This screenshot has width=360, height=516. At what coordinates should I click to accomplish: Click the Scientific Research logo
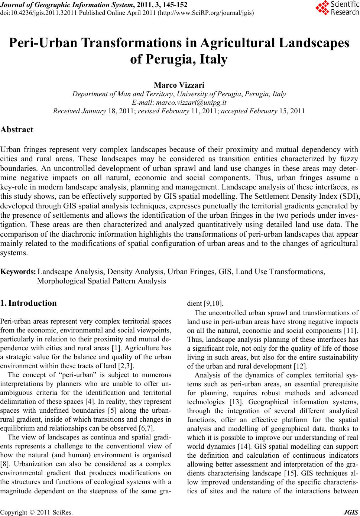click(337, 9)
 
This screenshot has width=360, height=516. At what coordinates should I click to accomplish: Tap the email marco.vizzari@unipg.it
click(191, 103)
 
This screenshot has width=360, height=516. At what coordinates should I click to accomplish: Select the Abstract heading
click(17, 130)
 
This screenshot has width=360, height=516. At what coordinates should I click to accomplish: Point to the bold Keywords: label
click(18, 272)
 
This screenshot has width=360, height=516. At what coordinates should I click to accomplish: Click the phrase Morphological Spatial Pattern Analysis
click(101, 281)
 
